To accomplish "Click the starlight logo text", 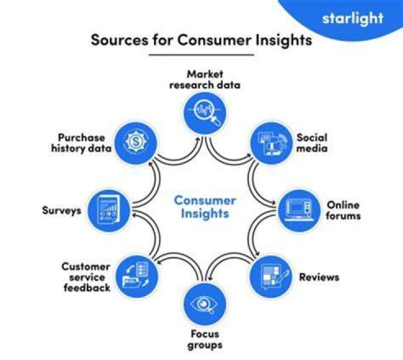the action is (x=353, y=19).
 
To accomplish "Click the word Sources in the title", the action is (x=120, y=40).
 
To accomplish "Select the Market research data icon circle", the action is (x=205, y=113).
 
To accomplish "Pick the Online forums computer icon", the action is (x=299, y=211).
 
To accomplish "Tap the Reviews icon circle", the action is (x=271, y=277).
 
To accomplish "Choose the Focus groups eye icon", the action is (x=204, y=304).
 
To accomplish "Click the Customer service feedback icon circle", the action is (x=137, y=277).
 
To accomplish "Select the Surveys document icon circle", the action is (x=109, y=211).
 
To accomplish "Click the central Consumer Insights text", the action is (x=205, y=207).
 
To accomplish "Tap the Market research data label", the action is (x=205, y=80).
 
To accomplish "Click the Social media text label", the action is (x=312, y=143).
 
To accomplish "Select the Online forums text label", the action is (x=343, y=210).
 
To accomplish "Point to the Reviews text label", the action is (x=319, y=277).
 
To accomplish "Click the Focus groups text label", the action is (x=205, y=340).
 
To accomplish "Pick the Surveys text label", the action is (x=62, y=211).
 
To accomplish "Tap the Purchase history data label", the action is (x=82, y=143).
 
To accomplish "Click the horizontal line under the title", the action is (x=201, y=54).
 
